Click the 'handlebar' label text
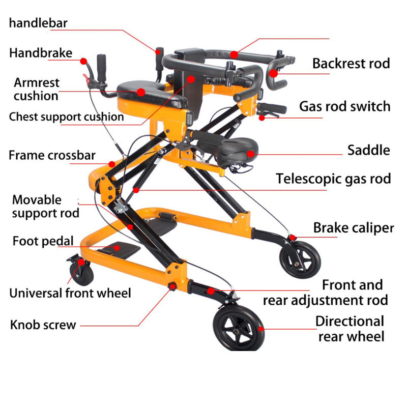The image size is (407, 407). pos(38,23)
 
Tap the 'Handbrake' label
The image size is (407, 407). pos(40,53)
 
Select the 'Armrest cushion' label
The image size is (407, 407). pos(36,89)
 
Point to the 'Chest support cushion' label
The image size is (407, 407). pos(66,117)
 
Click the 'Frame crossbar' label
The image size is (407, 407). pos(52,155)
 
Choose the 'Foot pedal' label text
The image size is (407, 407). pos(43,241)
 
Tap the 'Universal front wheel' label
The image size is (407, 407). pos(70,293)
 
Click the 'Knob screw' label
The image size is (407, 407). pos(43,325)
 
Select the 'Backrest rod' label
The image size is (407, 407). pos(351,64)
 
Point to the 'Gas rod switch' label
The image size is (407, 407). pos(344,106)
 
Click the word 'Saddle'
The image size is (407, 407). pos(368,150)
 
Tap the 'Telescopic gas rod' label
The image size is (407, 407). pos(333,179)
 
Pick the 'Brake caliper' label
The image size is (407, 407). pos(353,227)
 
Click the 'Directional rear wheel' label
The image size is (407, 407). pos(351,329)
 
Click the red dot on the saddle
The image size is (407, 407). pos(250,153)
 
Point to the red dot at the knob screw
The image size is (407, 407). pos(171,287)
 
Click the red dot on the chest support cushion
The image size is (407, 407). pos(191,79)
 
